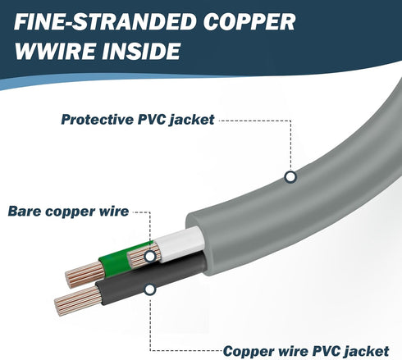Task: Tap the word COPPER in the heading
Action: (x=249, y=21)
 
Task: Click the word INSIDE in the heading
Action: (x=141, y=51)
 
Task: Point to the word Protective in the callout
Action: (x=98, y=120)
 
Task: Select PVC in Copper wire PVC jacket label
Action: (x=327, y=351)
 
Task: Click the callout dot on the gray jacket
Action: (x=290, y=177)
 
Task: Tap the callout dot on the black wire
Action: (x=150, y=289)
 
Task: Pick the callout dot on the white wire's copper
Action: (x=150, y=256)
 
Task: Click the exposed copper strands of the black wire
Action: (x=77, y=301)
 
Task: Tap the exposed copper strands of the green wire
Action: (x=85, y=274)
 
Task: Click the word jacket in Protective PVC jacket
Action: (x=192, y=120)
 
